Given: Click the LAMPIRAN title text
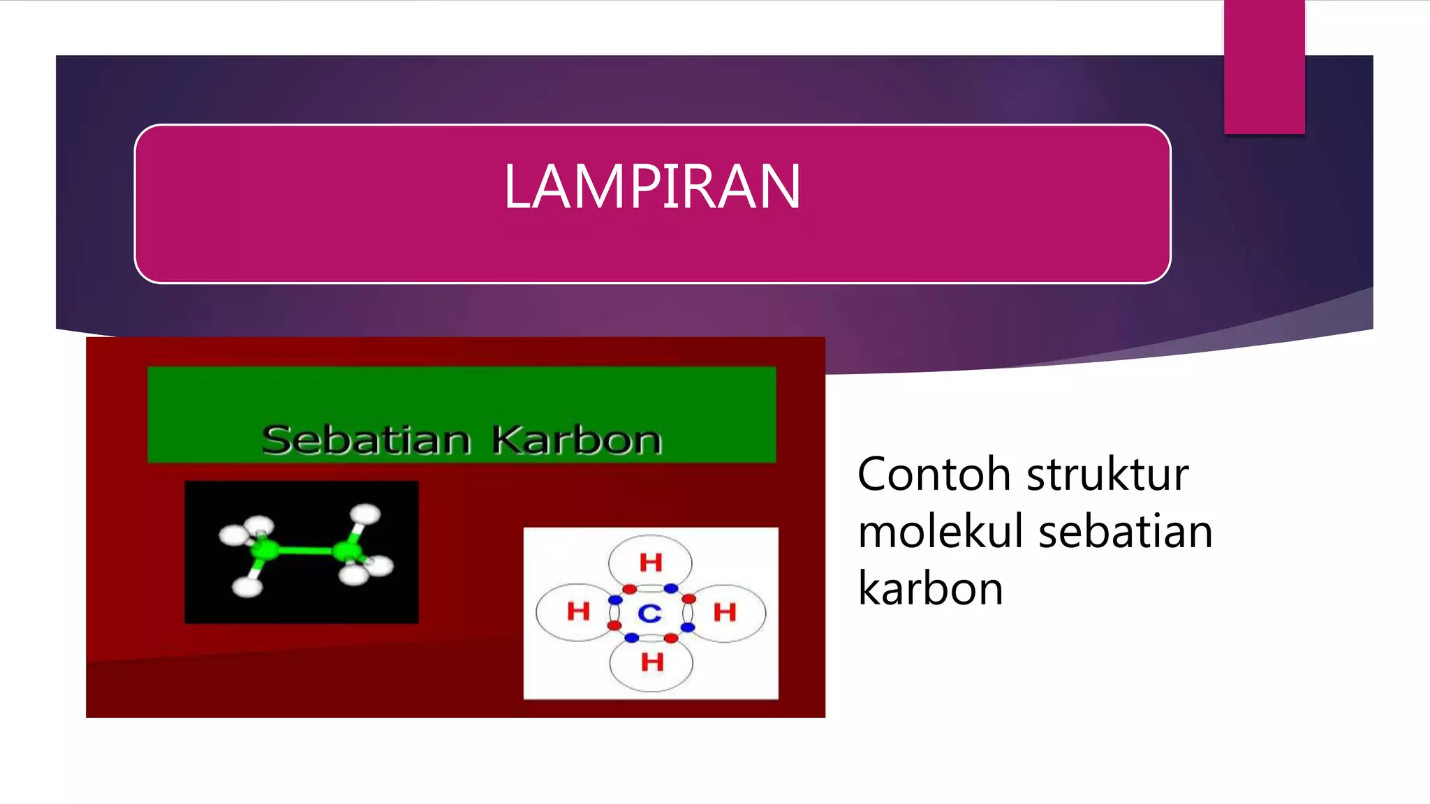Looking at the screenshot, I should pos(651,186).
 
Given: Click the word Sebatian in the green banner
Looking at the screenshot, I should pos(366,440).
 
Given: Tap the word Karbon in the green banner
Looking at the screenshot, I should pos(577,440).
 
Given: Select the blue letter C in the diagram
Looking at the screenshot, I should pos(649,613).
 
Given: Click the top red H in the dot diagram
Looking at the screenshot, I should pos(651,562).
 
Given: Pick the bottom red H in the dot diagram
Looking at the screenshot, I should pos(652,662).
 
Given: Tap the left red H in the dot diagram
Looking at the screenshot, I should pos(578,611).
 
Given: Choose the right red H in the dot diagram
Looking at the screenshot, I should pos(725,612).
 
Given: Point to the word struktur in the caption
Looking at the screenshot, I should pos(1107,475).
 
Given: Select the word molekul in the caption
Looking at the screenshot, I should pos(940,532).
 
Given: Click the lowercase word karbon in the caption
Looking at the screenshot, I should pos(930,588).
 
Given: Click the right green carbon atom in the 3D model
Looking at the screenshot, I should pos(346,551).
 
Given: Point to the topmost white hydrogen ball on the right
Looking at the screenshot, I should pos(365,514).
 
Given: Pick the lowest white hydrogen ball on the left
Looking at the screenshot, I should pos(247,586).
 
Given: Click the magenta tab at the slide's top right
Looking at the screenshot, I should pos(1264,67).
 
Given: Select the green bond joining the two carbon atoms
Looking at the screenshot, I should pos(306,551).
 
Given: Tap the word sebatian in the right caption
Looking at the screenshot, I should pos(1125,532).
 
